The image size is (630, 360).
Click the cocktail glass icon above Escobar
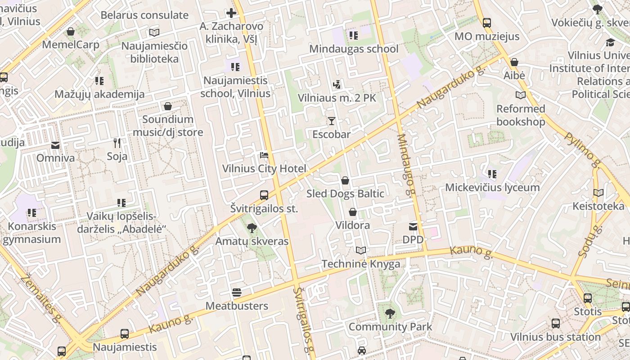pos(332,121)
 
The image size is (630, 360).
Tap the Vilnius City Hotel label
pos(264,169)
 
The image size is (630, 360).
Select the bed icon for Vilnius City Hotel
pos(264,156)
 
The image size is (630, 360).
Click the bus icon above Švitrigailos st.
pos(264,195)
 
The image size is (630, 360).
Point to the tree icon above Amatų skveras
pos(252,228)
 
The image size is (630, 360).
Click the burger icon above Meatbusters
pos(237,293)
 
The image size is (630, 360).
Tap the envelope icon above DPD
pos(413,227)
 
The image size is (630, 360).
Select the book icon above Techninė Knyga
pos(360,251)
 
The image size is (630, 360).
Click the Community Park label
pos(390,327)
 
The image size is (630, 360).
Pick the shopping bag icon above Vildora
pos(353,212)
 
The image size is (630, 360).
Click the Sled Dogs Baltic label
pos(345,194)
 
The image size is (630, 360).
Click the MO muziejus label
pos(487,36)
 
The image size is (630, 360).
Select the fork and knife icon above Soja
pos(117,143)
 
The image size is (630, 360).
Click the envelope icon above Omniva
pos(55,145)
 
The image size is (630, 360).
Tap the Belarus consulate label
pos(144,15)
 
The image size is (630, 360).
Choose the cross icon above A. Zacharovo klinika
pos(231,13)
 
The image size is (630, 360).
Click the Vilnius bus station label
pos(555,337)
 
